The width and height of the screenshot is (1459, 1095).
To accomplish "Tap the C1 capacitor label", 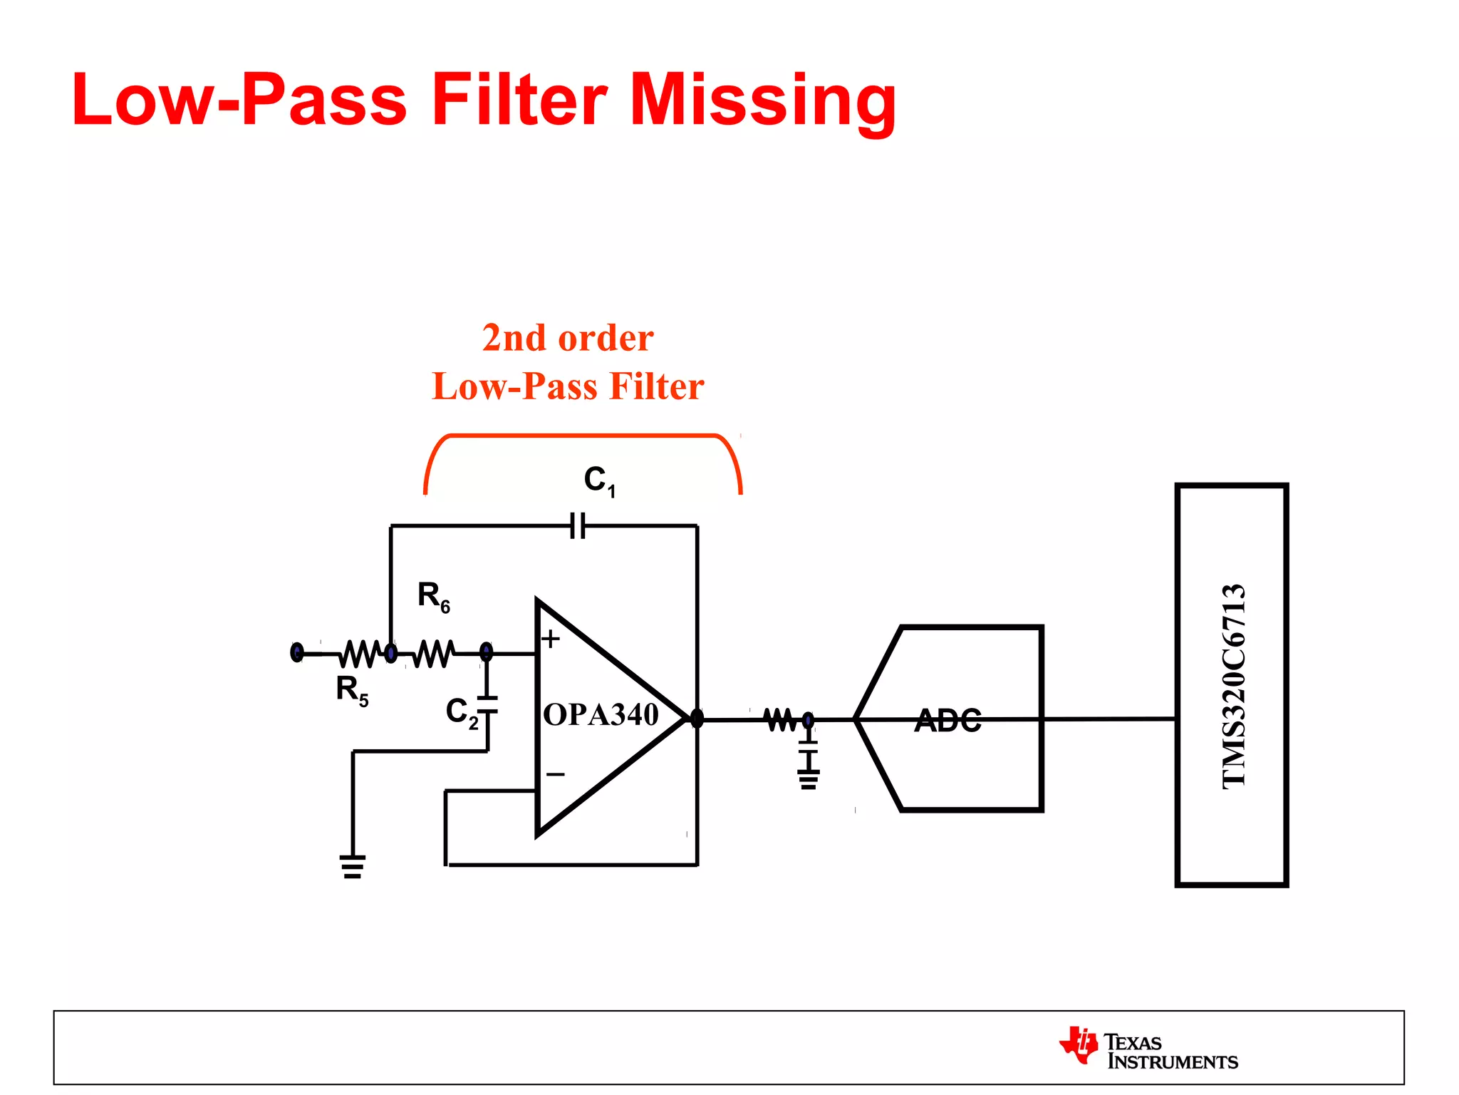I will tap(599, 480).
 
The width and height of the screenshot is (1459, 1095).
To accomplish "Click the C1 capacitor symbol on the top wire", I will tap(578, 526).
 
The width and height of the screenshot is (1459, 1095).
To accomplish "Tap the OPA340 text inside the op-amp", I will tap(601, 714).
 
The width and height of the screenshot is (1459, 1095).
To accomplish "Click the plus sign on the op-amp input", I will tap(550, 639).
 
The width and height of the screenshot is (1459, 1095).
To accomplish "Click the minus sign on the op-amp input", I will tap(555, 774).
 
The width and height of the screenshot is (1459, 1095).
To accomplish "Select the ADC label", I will tap(948, 720).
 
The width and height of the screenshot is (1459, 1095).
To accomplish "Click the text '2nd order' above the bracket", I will tap(568, 338).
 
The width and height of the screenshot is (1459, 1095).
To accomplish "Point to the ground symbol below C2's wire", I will tap(353, 866).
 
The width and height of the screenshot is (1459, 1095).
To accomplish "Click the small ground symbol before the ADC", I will tap(808, 780).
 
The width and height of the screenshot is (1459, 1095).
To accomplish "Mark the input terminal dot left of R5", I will tap(297, 652).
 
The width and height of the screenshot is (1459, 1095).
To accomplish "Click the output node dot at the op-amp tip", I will tap(697, 719).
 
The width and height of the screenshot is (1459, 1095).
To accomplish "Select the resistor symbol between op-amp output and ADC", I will tap(780, 719).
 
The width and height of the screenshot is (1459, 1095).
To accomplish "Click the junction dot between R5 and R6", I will tap(390, 652).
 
